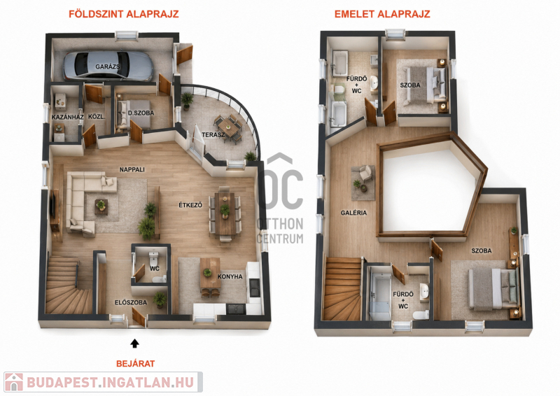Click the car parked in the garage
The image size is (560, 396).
(x=108, y=66)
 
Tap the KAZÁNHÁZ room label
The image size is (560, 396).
(x=67, y=117)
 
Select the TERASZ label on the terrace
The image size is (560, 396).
(x=213, y=134)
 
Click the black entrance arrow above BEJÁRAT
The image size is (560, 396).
(x=134, y=343)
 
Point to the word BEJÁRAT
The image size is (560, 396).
(x=135, y=364)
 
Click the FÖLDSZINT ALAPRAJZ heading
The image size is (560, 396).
(x=124, y=14)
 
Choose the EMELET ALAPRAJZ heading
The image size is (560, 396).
(x=382, y=14)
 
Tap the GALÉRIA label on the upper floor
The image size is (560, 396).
(x=353, y=213)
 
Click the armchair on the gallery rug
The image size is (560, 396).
(x=365, y=173)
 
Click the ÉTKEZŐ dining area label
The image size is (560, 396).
(x=190, y=205)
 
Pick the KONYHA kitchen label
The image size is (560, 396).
(x=230, y=276)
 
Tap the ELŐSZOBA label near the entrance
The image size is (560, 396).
(x=131, y=302)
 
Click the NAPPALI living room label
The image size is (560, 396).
(x=132, y=169)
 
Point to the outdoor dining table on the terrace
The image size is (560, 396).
(x=228, y=127)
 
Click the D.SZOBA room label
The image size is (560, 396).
(x=141, y=113)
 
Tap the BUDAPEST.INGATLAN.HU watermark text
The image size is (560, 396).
(x=111, y=383)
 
